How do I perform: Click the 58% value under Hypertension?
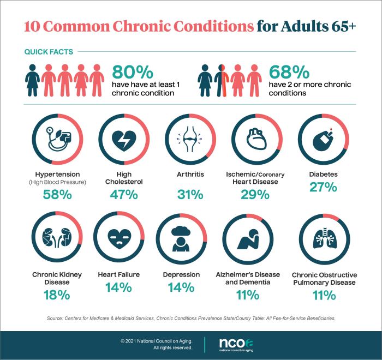(x=57, y=195)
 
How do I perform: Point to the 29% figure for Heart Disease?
(x=255, y=195)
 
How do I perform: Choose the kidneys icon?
(x=57, y=239)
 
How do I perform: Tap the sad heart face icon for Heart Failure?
(x=123, y=239)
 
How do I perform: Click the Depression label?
(x=189, y=274)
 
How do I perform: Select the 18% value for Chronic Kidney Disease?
(x=57, y=295)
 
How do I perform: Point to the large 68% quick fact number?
(x=289, y=73)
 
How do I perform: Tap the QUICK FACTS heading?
(x=49, y=52)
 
